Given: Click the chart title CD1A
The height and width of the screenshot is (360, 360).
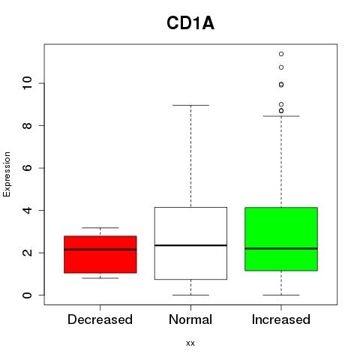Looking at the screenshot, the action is (190, 23).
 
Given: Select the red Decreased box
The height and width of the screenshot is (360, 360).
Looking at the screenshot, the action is (100, 254).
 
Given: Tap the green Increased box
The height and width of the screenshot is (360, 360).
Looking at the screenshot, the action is (281, 239).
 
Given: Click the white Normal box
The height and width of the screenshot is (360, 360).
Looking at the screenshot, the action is (190, 243).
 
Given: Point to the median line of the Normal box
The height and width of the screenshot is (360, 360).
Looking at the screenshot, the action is (190, 245).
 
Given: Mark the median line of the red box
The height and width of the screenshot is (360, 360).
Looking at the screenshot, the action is (100, 250).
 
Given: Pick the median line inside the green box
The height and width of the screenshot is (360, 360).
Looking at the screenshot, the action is (281, 248).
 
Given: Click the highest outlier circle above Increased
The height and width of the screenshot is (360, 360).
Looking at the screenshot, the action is (281, 54).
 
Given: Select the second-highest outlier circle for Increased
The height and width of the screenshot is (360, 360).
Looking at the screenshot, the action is (281, 67).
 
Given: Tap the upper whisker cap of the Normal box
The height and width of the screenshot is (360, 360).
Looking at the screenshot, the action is (190, 105).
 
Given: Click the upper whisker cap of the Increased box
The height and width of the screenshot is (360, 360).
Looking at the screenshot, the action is (281, 116).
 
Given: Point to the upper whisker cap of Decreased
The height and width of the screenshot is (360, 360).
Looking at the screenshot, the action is (100, 228).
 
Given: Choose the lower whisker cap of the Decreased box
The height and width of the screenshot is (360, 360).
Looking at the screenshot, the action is (100, 278).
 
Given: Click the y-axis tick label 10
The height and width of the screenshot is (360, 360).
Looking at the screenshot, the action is (28, 83).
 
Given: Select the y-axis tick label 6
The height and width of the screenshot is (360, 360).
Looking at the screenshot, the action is (28, 168).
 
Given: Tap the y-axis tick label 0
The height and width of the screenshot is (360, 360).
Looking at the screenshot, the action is (28, 295).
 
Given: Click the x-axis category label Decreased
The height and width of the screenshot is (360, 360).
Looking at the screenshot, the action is (100, 319).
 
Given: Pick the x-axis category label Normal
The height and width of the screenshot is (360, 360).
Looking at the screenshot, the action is (190, 319).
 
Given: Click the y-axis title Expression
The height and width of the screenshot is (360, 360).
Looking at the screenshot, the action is (7, 174).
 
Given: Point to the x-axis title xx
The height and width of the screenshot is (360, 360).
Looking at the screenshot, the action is (190, 343).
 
